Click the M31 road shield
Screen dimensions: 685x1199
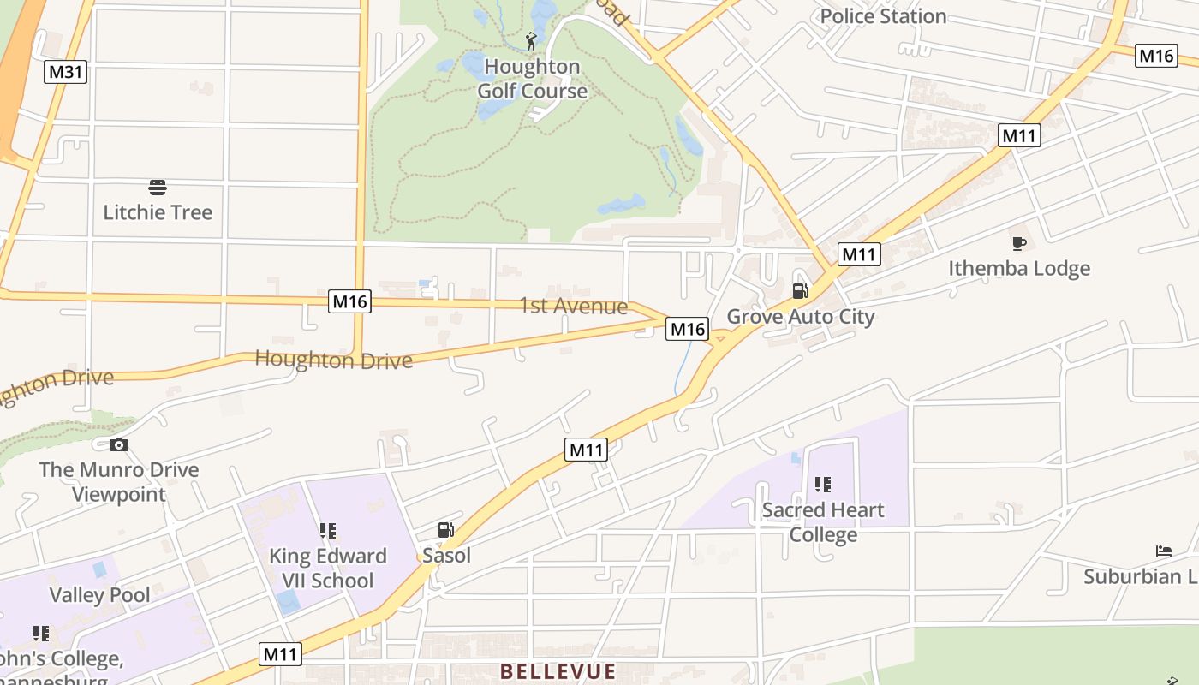click(x=65, y=71)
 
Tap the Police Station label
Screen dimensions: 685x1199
click(x=883, y=15)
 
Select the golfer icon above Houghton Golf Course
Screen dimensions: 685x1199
click(x=532, y=40)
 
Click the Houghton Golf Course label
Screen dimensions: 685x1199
click(x=532, y=79)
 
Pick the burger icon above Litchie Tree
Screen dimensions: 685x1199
click(x=158, y=188)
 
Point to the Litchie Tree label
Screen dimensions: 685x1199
click(x=158, y=212)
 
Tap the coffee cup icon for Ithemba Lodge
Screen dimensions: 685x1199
click(x=1018, y=244)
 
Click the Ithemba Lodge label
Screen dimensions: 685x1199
click(x=1018, y=268)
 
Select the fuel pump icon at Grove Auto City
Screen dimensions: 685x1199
click(x=800, y=291)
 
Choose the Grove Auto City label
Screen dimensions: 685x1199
click(x=800, y=317)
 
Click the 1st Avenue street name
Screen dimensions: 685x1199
click(x=573, y=306)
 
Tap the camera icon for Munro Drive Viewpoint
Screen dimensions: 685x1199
click(x=119, y=444)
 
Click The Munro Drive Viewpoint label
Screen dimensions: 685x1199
click(x=119, y=481)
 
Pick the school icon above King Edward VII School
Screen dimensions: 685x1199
click(x=327, y=531)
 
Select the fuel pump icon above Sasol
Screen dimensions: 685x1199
click(x=445, y=531)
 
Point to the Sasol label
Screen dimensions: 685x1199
click(x=446, y=556)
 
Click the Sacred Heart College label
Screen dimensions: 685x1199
click(x=823, y=522)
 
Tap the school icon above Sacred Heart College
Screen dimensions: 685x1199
click(x=823, y=485)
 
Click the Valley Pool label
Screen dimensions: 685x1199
click(x=99, y=595)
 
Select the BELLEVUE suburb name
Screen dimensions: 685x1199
click(x=558, y=671)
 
